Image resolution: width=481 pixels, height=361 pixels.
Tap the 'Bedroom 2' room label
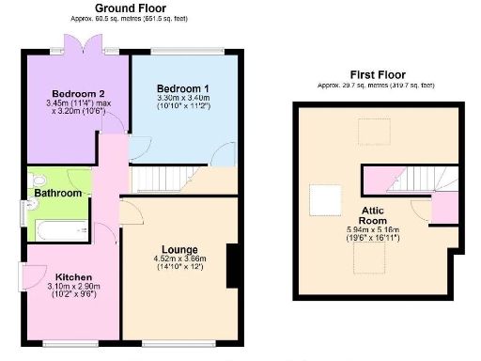[75, 94]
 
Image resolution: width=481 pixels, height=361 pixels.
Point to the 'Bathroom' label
[58, 193]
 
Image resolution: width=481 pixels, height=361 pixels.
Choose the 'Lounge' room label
[176, 249]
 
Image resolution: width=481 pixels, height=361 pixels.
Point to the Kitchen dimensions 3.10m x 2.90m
[72, 288]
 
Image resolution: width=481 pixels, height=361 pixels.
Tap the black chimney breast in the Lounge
[230, 266]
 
